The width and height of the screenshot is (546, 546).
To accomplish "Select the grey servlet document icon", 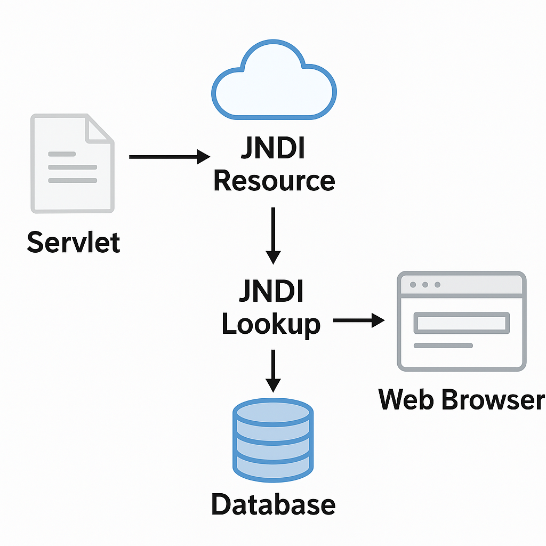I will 73,163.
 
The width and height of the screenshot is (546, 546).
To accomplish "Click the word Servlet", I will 74,242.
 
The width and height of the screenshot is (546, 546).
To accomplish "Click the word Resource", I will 274,181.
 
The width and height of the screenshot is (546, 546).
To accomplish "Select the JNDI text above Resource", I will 272,149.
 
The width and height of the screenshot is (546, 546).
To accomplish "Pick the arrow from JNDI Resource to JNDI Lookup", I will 273,235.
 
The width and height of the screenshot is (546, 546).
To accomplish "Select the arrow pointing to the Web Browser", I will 358,320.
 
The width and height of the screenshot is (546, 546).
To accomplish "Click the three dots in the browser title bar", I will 425,285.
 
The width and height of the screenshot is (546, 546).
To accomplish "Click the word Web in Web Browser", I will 406,399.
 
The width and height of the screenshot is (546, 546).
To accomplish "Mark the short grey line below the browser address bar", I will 443,346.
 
